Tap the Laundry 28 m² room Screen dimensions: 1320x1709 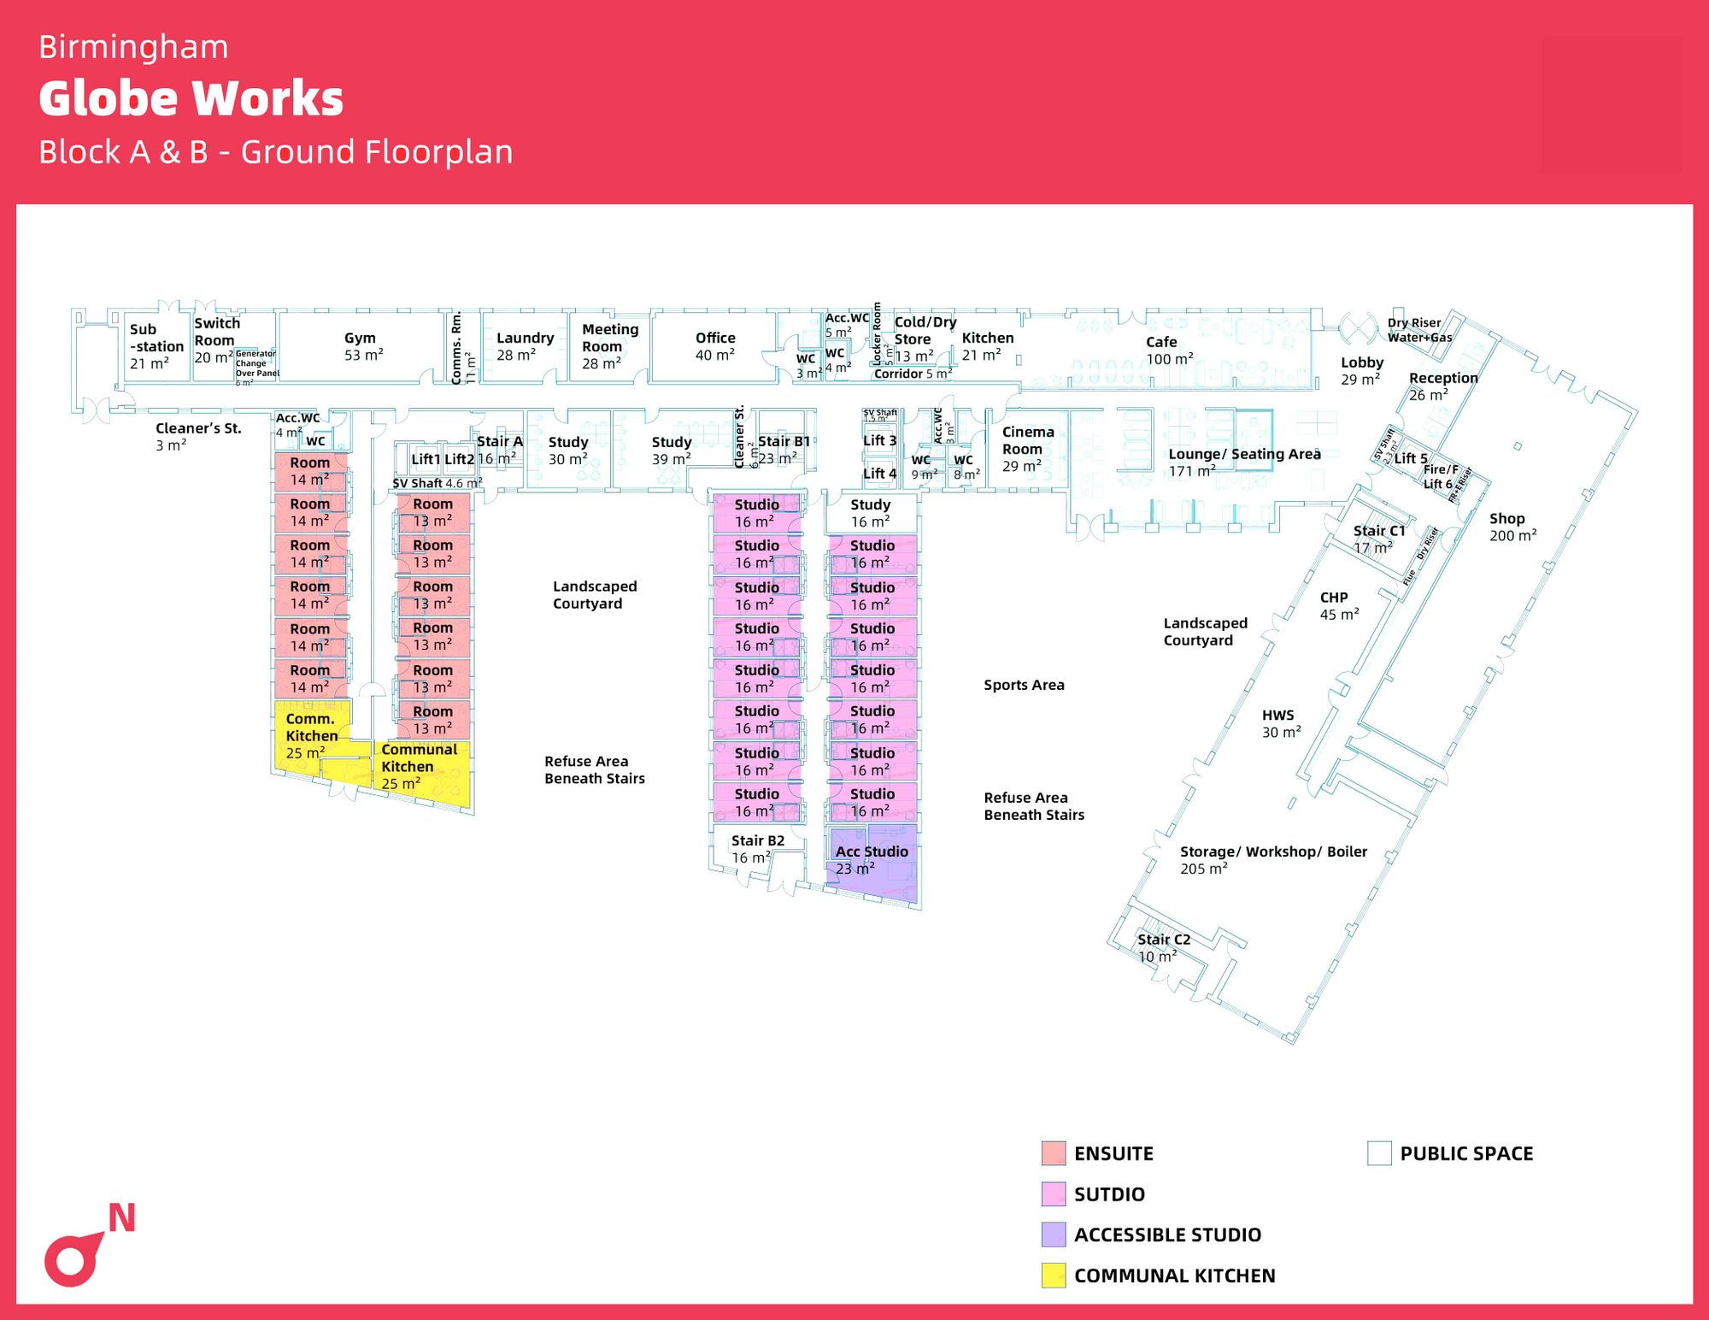[x=525, y=346]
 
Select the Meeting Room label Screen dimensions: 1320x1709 [x=609, y=345]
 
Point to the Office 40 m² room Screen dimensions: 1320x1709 [x=715, y=346]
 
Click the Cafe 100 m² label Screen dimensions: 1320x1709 [x=1168, y=350]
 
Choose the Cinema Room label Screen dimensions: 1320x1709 [x=1027, y=449]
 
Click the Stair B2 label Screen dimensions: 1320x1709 [x=757, y=849]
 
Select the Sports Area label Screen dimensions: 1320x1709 [x=1024, y=685]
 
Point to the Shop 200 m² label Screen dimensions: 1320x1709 [x=1512, y=527]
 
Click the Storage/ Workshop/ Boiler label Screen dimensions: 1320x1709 [x=1272, y=859]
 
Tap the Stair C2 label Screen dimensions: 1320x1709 [x=1163, y=947]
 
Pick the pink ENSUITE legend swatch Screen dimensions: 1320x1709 [x=1054, y=1153]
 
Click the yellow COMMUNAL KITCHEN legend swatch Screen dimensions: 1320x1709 [x=1054, y=1275]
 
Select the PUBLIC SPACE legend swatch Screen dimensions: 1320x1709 [x=1378, y=1153]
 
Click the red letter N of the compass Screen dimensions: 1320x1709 [x=122, y=1218]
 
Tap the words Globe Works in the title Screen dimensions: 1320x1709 [x=191, y=98]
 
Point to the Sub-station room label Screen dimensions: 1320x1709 [x=156, y=345]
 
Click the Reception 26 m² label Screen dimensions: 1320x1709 [x=1442, y=386]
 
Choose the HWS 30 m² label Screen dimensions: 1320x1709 [x=1280, y=723]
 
